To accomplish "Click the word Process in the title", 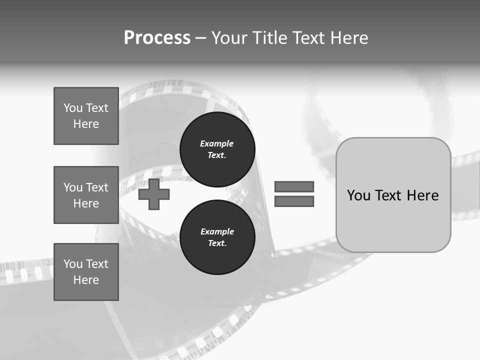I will (157, 38).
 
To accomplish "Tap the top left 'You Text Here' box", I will (86, 116).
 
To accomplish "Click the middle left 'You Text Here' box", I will (86, 195).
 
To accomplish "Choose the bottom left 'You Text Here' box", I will (86, 272).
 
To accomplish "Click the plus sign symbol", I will (154, 194).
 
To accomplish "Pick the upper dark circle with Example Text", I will (217, 149).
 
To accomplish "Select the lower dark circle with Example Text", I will (217, 237).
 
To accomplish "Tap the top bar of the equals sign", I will (294, 186).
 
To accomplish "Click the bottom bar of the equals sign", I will (294, 201).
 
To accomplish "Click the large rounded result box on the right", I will (393, 195).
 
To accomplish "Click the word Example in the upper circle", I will (216, 143).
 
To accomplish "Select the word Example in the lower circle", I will (217, 231).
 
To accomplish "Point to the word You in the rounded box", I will (358, 195).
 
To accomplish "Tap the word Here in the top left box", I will (86, 124).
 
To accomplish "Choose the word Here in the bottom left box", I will (86, 280).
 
